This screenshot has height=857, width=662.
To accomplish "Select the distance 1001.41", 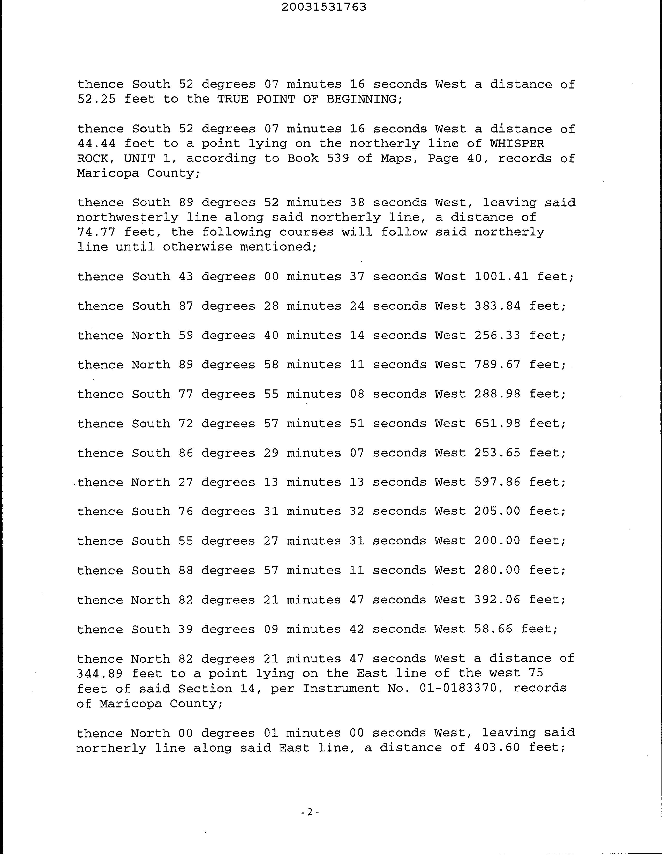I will coord(501,277).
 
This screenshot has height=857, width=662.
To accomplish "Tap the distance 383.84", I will coord(497,306).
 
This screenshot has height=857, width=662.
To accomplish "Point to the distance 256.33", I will coord(497,336).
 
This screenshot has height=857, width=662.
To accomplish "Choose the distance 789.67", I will coord(497,365).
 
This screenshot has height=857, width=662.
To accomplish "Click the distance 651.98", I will coord(497,424).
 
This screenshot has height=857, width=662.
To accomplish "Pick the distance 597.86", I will coord(497,482).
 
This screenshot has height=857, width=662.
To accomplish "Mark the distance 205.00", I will coord(497,512).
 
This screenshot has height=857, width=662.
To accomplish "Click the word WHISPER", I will coord(517,144).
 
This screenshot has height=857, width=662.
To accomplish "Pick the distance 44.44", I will coord(96,144).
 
